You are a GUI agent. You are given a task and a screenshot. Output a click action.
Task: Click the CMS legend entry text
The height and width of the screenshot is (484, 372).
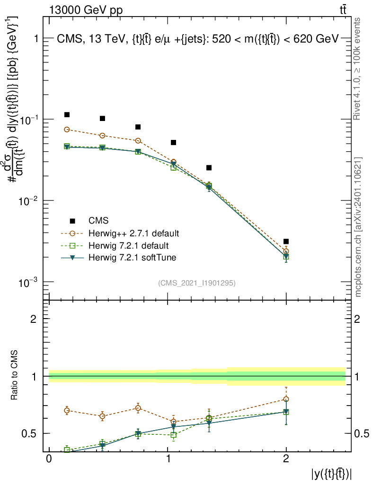98,221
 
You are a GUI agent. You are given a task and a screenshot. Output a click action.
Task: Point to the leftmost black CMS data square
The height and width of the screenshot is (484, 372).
67,115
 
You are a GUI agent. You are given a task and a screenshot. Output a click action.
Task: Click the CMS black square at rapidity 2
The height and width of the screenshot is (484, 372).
286,242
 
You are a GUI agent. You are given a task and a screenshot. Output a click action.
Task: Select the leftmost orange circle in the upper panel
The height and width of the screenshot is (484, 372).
67,130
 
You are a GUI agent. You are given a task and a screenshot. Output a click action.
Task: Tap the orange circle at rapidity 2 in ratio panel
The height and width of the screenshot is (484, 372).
286,399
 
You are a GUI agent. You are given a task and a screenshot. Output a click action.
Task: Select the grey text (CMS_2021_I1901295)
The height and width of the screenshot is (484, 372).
197,283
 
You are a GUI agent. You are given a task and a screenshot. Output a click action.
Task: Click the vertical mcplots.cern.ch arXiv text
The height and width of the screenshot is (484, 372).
359,227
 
